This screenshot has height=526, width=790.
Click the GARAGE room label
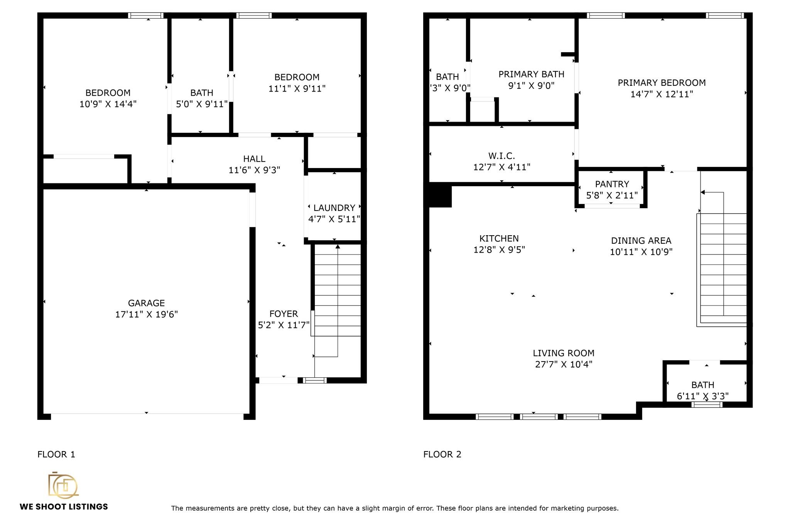point(146,303)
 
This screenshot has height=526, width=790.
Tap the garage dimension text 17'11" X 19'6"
point(146,314)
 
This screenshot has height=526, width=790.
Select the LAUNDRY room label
point(334,208)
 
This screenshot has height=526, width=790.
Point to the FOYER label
point(284,314)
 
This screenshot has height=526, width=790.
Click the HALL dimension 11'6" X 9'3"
point(254,170)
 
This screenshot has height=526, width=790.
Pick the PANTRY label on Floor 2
point(612,184)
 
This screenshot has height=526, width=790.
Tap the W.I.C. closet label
point(501,156)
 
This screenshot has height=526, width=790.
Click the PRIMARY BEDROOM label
point(662,83)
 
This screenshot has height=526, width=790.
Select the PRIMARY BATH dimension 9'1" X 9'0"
point(531,85)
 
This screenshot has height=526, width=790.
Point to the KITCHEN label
point(499,239)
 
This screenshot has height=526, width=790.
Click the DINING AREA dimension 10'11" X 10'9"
point(641,252)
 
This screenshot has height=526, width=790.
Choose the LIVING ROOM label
point(564,353)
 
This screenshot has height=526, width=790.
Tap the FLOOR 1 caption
point(56,455)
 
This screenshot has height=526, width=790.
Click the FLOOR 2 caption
point(442,455)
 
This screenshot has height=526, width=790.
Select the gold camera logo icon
point(63,485)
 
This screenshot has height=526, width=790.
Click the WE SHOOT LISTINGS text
point(64,507)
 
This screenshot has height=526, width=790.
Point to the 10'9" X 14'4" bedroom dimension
point(108,104)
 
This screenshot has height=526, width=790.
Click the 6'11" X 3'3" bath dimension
point(702,396)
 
